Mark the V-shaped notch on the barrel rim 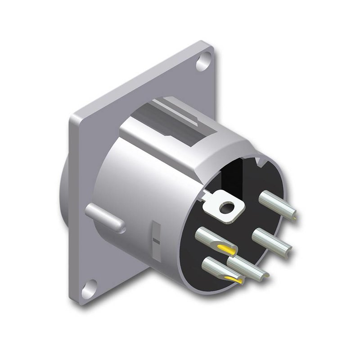coord(258,161)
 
